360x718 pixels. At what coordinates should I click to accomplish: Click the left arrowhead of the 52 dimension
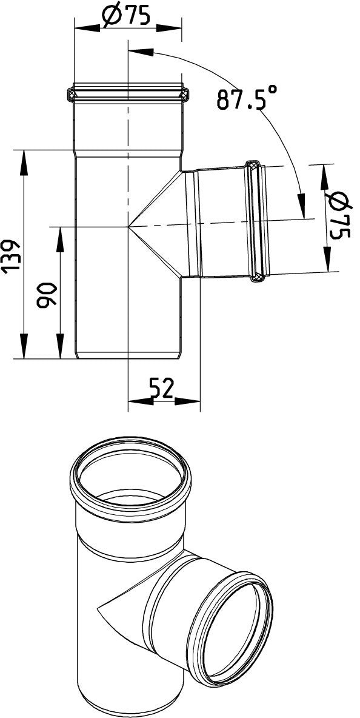coord(141,401)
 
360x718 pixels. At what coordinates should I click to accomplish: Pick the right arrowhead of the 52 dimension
coord(187,401)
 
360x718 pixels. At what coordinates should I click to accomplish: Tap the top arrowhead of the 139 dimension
coord(23,162)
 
